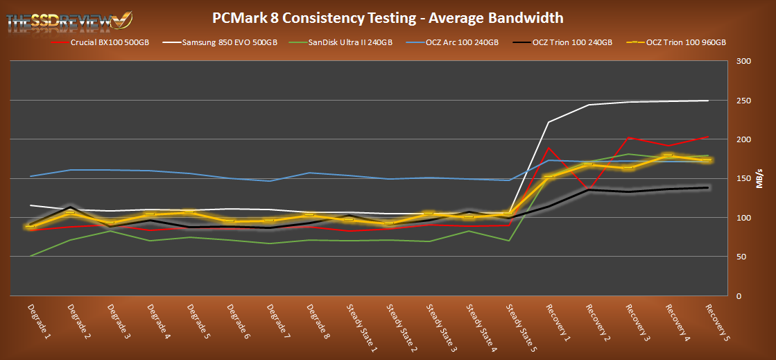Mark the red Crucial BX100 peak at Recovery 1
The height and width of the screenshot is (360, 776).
tap(549, 148)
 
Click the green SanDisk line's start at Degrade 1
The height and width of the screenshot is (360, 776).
tap(31, 257)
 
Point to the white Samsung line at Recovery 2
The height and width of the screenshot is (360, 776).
tap(588, 105)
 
